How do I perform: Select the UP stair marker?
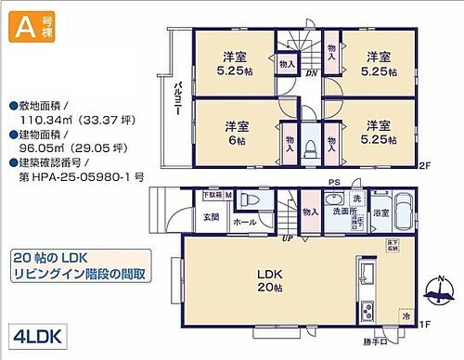tap(287, 238)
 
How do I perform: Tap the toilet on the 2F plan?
tap(312, 144)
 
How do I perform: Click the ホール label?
tap(245, 223)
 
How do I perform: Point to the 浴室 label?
tap(380, 212)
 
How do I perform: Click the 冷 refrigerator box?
tap(405, 315)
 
